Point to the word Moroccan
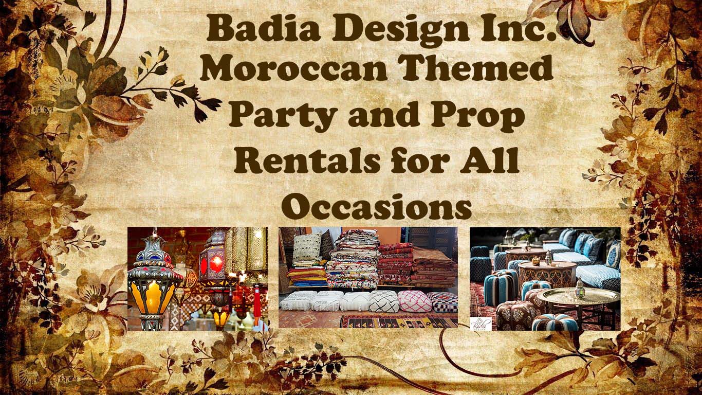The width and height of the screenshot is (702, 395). point(293,69)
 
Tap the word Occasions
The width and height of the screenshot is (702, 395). point(377,207)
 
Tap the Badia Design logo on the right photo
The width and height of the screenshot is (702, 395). point(481,324)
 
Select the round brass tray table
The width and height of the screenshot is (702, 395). point(581,296)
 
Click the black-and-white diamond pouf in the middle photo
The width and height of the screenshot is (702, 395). point(383,301)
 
